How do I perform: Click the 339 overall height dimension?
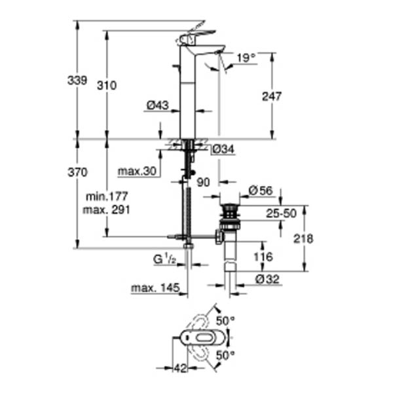(x=77, y=81)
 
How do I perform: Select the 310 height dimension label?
(x=107, y=86)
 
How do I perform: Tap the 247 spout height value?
(x=272, y=96)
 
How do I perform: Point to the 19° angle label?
(x=246, y=58)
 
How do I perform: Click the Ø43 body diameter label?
(x=158, y=105)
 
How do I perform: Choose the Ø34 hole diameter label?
(x=223, y=149)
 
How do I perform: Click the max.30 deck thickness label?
(x=137, y=172)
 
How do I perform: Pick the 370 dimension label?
(x=77, y=172)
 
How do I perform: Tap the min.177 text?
(x=107, y=196)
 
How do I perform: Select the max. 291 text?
(x=107, y=210)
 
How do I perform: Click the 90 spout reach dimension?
(x=203, y=183)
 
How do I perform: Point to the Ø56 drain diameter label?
(x=261, y=191)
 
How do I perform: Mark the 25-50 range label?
(x=281, y=214)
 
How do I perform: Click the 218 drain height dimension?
(x=303, y=239)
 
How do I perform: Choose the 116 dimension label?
(x=263, y=257)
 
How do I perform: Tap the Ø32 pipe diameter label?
(x=267, y=279)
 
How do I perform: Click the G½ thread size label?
(x=164, y=259)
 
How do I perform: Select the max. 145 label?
(x=155, y=288)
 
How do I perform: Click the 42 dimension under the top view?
(x=181, y=368)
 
